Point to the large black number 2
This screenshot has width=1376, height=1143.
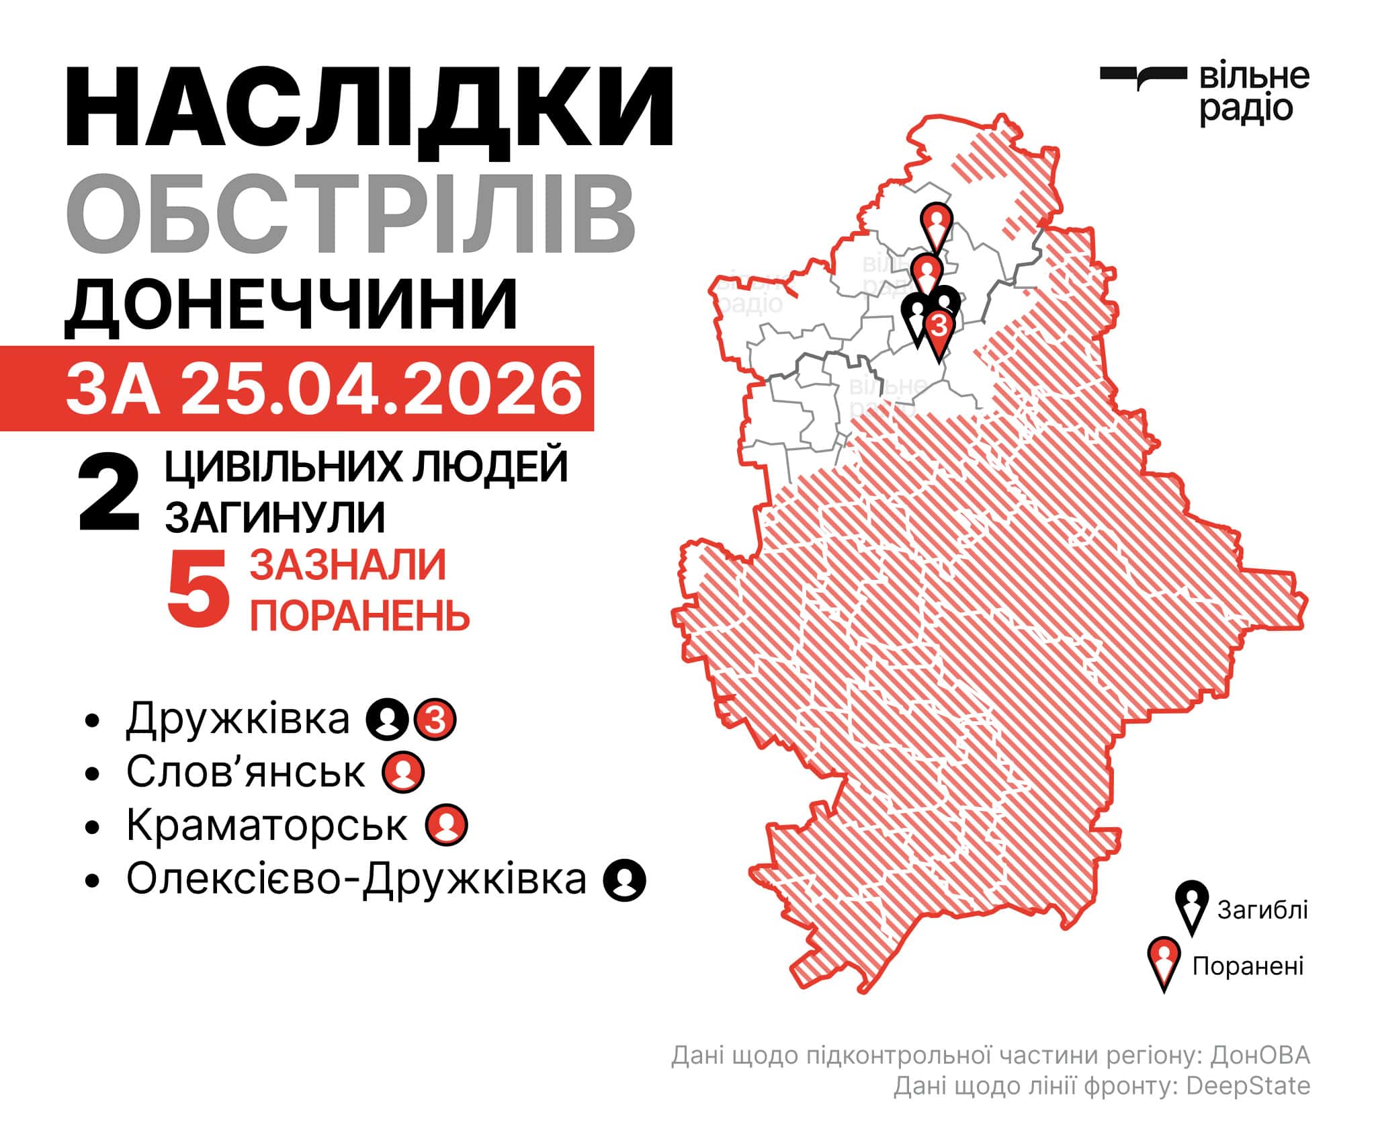click(109, 493)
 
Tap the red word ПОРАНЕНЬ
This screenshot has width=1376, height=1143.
click(359, 614)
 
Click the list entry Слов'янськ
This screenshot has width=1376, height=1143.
click(245, 772)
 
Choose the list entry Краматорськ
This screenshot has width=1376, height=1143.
click(266, 825)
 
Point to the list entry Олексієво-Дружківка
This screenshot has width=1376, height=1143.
click(356, 879)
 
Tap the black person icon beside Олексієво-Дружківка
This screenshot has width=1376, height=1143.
click(625, 880)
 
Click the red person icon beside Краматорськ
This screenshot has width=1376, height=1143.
click(447, 826)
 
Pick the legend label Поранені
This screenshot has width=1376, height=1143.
click(1248, 966)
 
